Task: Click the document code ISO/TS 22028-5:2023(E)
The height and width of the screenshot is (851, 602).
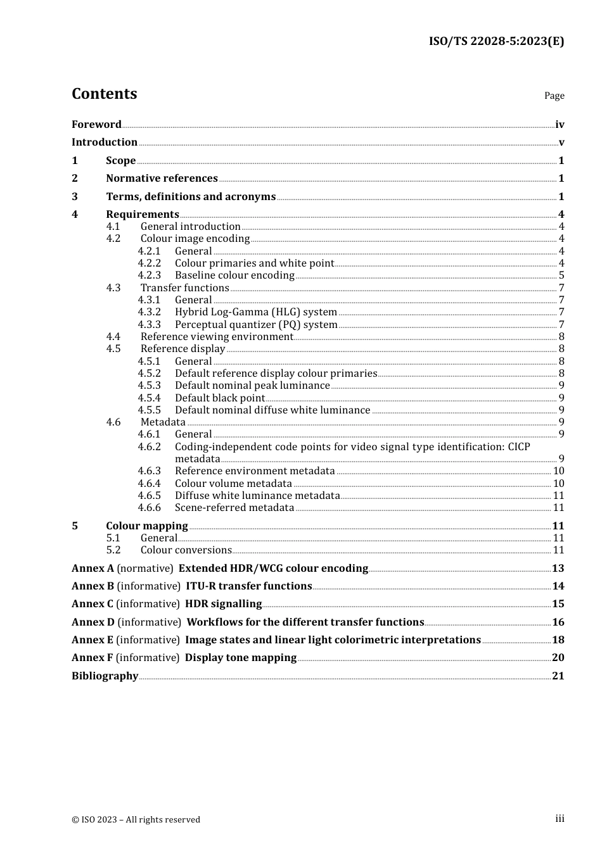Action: (x=496, y=42)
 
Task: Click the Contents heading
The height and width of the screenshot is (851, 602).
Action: (x=104, y=94)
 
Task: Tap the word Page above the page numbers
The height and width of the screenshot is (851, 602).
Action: (x=554, y=96)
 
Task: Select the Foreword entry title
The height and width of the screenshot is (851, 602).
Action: (x=96, y=125)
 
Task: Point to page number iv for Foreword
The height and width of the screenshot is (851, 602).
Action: (x=560, y=125)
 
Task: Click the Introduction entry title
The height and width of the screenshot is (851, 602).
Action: (x=105, y=142)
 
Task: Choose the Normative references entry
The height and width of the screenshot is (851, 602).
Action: (x=162, y=179)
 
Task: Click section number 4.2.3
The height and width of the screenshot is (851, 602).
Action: (x=150, y=275)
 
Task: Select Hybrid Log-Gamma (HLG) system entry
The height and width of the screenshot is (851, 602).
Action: (x=255, y=312)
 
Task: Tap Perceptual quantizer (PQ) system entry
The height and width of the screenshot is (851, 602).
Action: (x=256, y=325)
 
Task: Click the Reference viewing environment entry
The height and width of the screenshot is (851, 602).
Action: (x=217, y=337)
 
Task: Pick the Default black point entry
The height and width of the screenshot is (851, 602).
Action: (x=220, y=398)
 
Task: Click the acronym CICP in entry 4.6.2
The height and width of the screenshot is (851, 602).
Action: (x=518, y=447)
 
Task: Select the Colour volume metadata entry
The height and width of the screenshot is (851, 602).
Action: (x=233, y=484)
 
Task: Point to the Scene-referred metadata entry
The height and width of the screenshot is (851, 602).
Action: (x=234, y=508)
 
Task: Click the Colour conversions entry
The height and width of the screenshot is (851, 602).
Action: (x=186, y=550)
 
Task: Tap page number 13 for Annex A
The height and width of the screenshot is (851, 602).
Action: (x=558, y=569)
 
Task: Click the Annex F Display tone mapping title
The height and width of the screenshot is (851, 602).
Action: (x=240, y=658)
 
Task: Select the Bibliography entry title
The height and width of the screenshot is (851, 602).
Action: (x=105, y=676)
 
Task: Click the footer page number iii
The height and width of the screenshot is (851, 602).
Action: (x=560, y=819)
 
